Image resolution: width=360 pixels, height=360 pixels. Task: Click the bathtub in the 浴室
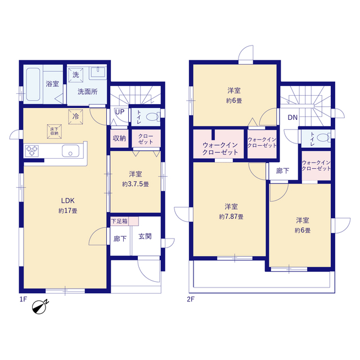[33, 84]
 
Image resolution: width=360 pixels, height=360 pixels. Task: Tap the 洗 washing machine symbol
[75, 75]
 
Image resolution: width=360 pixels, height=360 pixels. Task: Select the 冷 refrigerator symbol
[75, 117]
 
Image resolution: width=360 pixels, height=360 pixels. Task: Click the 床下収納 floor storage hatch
[55, 132]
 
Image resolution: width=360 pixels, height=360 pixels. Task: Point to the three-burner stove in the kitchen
[32, 151]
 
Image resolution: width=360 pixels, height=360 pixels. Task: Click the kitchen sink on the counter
[70, 151]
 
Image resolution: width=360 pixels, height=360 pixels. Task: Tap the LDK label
[67, 201]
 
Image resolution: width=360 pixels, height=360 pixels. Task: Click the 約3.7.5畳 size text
[136, 184]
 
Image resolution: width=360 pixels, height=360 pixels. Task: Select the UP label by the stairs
[120, 112]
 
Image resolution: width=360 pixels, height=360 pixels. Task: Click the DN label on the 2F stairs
[292, 118]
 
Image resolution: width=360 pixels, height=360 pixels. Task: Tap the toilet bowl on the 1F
[152, 117]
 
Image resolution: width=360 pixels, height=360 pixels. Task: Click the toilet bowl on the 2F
[323, 138]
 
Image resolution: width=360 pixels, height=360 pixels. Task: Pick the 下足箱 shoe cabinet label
[119, 221]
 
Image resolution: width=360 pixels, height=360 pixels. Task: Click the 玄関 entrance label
[145, 236]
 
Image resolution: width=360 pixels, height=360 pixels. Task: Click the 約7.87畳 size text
[231, 217]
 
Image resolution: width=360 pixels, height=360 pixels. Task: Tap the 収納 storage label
[119, 138]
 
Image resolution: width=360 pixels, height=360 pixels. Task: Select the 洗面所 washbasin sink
[98, 72]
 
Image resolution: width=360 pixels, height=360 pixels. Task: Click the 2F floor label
[191, 299]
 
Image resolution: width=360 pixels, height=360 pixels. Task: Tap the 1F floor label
[23, 299]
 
